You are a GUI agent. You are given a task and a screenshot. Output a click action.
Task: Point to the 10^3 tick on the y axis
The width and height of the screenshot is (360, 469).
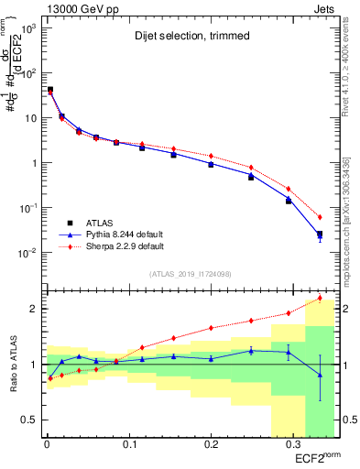(27, 29)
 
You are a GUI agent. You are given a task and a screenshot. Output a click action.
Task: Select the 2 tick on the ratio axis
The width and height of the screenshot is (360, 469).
(31, 309)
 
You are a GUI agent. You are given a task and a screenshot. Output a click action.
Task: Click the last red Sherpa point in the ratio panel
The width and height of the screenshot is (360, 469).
(320, 298)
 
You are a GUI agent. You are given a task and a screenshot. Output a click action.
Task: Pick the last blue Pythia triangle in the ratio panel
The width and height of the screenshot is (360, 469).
(320, 375)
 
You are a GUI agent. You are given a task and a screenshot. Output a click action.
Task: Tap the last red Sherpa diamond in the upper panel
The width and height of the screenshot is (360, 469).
(320, 217)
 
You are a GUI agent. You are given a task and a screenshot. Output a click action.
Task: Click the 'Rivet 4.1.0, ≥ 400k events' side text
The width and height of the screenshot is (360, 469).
(352, 73)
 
